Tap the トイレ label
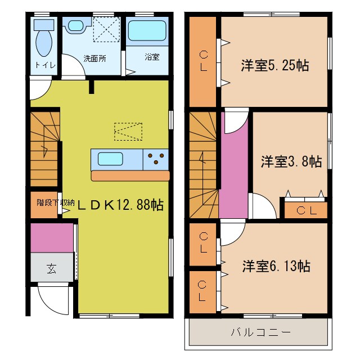(x=45, y=65)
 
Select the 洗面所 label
(x=94, y=58)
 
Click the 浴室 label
(x=151, y=57)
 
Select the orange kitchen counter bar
(x=130, y=176)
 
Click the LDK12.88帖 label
(x=120, y=205)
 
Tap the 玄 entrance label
(x=51, y=267)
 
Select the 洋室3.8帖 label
(x=291, y=162)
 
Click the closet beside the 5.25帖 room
(x=203, y=61)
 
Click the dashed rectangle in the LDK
(x=128, y=132)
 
